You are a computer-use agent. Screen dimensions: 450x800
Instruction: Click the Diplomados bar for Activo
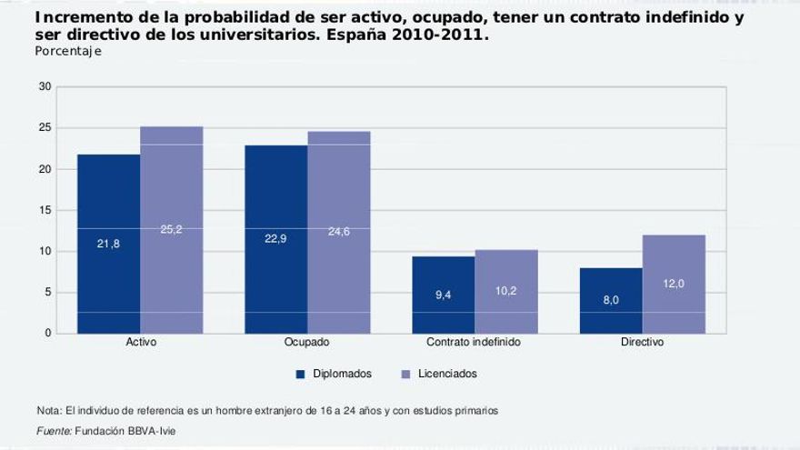[x=108, y=244]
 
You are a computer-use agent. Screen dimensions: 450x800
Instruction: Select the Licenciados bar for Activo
[x=171, y=230]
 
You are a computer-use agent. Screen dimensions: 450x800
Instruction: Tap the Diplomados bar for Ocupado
[x=275, y=239]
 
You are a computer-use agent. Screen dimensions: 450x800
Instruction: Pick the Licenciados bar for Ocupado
[x=338, y=232]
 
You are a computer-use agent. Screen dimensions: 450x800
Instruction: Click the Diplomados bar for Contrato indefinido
[x=443, y=295]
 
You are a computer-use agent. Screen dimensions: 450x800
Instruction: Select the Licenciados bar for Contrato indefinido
[x=505, y=292]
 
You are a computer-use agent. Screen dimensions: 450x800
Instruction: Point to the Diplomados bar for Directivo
[x=610, y=301]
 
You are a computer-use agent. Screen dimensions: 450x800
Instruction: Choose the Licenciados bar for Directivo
[x=674, y=284]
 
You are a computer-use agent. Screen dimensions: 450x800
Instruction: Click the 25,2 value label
[x=171, y=230]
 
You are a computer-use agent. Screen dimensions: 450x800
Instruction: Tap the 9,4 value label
[x=443, y=295]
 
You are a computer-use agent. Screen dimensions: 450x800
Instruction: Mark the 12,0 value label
[x=674, y=285]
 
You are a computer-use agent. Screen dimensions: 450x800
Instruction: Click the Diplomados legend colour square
[x=298, y=374]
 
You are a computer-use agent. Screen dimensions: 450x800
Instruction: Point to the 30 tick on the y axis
[x=45, y=87]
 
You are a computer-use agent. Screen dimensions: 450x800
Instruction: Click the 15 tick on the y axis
[x=45, y=211]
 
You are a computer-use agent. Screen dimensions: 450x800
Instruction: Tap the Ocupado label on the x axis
[x=307, y=343]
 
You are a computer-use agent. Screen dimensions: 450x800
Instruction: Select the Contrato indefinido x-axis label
[x=474, y=343]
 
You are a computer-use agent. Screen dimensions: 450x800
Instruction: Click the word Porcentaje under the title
[x=68, y=52]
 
